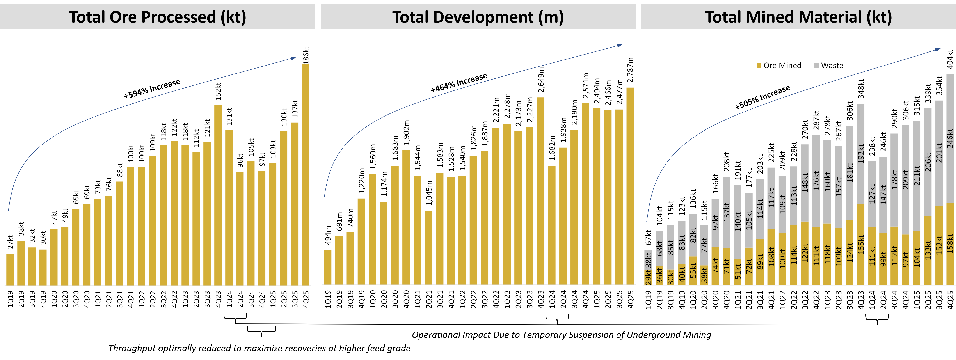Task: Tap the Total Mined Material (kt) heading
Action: [x=798, y=17]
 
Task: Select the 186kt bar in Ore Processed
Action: [x=306, y=174]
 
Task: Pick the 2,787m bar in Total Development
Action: [x=630, y=186]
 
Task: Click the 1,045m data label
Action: [x=429, y=193]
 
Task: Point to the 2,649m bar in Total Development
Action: [x=541, y=191]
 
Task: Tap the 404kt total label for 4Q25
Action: [x=950, y=59]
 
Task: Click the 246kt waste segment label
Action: [x=950, y=138]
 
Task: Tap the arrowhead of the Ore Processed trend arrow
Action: [x=294, y=58]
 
